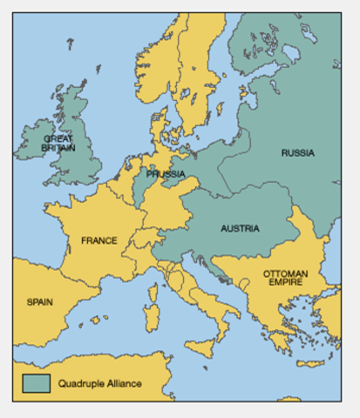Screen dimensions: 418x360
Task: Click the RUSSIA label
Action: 297,153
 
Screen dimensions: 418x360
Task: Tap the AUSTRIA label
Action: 240,229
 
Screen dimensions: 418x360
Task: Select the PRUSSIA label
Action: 165,174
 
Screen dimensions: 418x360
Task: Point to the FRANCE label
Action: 99,240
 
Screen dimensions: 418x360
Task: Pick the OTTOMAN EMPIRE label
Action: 285,279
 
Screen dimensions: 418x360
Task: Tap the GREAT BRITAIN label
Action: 59,144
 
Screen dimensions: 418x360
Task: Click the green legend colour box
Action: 36,381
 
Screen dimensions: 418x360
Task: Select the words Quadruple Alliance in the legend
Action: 99,382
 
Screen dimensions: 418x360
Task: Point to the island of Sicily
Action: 200,347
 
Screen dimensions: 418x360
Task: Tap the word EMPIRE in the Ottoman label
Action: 285,284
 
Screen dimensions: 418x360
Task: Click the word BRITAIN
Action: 59,149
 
